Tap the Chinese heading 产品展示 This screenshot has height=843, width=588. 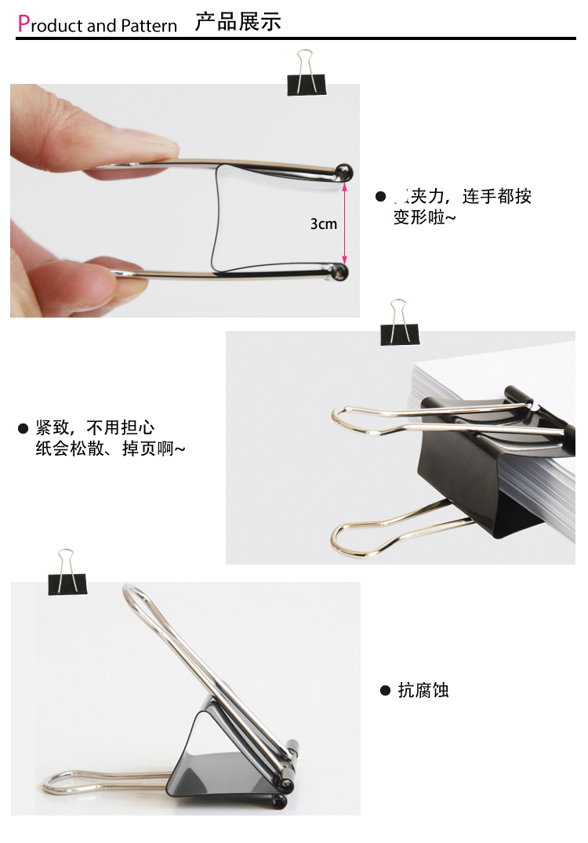pos(238,22)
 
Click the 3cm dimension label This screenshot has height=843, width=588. pos(323,224)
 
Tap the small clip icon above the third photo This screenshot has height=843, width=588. pos(67,572)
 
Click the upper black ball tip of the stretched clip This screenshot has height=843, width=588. pos(343,172)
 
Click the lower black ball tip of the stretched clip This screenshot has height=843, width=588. pos(339,271)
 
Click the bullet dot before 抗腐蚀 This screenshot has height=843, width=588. pos(385,691)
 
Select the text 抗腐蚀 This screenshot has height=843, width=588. pos(423,691)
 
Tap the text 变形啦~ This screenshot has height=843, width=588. pos(424,217)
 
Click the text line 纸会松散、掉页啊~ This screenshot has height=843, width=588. pos(111,449)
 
